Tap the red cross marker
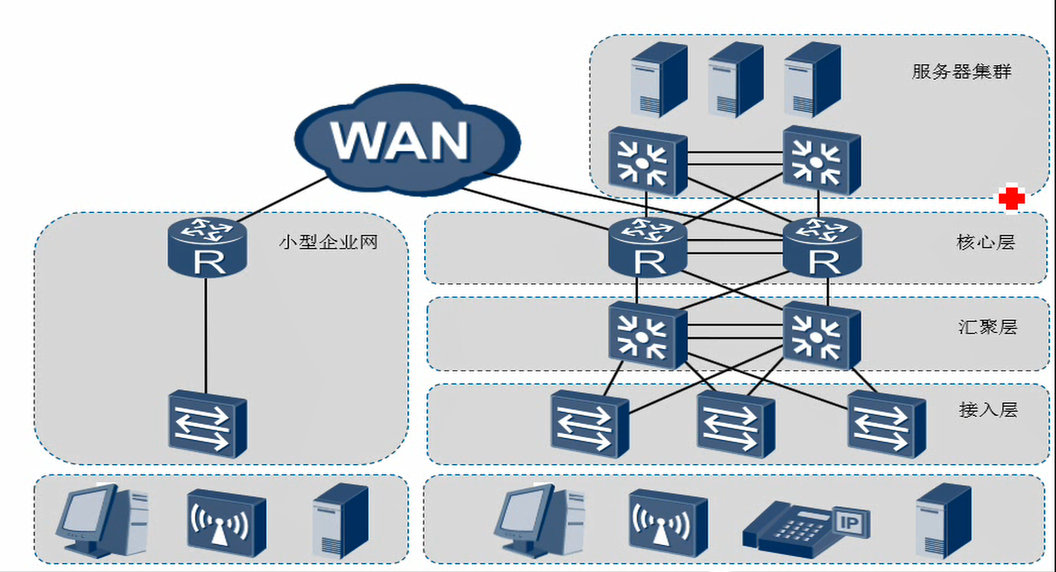[1011, 197]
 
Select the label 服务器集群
[961, 71]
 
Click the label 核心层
[985, 242]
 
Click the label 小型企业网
[327, 242]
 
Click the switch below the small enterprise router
[208, 423]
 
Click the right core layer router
[822, 247]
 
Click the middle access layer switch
[735, 424]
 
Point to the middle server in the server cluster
[735, 77]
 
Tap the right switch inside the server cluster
[821, 160]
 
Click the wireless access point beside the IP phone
[668, 519]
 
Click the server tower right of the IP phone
[943, 519]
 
